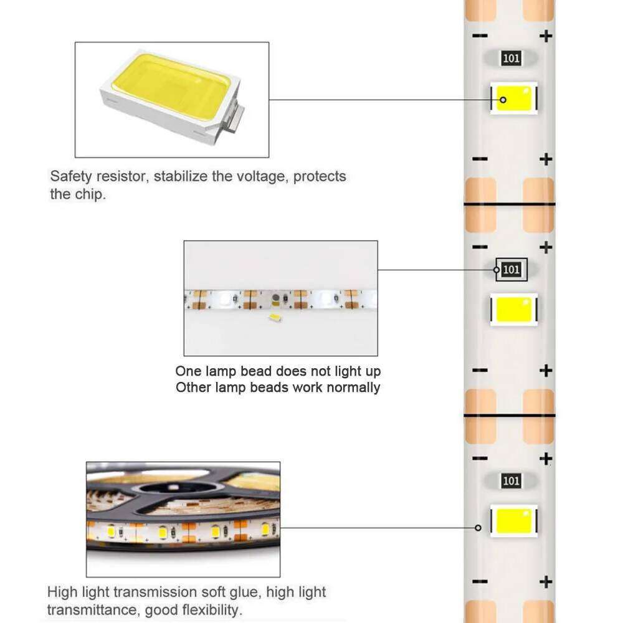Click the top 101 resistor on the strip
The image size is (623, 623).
click(511, 59)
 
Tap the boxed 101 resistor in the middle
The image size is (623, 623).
click(511, 270)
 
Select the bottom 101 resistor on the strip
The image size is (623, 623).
click(511, 480)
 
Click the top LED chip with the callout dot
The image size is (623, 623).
click(513, 98)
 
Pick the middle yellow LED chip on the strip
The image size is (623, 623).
click(513, 309)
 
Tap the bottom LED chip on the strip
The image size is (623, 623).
click(513, 520)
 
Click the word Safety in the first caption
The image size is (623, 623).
click(69, 176)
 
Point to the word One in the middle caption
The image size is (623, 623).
click(189, 371)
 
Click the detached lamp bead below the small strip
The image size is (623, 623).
click(273, 318)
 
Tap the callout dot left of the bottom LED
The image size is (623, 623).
click(478, 528)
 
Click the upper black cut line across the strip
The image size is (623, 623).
click(509, 204)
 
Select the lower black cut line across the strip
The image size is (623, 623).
click(509, 414)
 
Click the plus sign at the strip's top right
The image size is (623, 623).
click(546, 36)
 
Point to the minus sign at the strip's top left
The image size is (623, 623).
click(480, 36)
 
